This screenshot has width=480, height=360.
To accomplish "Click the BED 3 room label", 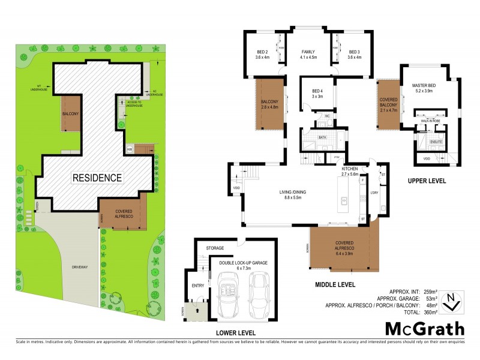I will coord(354,55).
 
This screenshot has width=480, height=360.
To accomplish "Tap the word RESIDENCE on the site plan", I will coord(97,178).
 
